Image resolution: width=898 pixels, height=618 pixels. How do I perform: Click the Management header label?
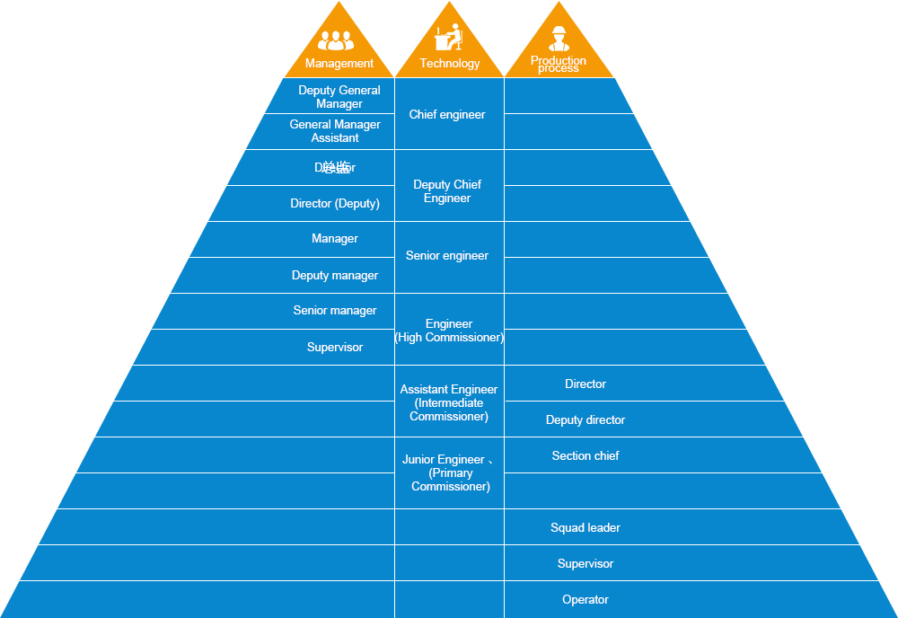coord(339,64)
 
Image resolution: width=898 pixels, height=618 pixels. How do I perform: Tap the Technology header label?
coord(450,64)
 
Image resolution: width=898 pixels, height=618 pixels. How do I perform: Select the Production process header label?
coord(559,65)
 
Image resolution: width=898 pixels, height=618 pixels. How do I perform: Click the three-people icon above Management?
coord(336,40)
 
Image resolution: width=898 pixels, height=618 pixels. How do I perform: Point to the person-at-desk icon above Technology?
coord(449,38)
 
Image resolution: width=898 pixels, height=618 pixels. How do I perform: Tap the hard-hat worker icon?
coord(559,39)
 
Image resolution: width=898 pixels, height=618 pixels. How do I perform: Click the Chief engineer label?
coord(447,115)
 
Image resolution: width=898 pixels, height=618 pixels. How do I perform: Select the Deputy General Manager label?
coord(339,97)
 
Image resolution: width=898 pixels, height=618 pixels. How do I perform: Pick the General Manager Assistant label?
coord(335,131)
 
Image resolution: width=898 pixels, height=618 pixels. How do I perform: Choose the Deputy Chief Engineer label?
coord(447,191)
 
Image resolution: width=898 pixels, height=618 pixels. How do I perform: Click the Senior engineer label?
coord(447,256)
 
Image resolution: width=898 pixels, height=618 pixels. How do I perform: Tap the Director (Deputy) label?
coord(335,204)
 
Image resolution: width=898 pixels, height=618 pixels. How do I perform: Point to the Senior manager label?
coord(335,311)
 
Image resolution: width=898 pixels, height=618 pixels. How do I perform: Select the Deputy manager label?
coord(335,276)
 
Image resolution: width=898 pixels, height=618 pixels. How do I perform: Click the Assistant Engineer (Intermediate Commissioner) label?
coord(449,403)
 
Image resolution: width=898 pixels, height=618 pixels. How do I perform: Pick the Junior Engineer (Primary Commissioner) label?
coord(449,473)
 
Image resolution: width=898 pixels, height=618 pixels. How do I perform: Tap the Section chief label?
coord(585,456)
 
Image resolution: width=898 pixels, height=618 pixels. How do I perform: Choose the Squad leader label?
coord(585,528)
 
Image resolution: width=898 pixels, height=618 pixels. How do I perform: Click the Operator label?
coord(585,600)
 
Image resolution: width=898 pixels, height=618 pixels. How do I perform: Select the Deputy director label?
coord(585,420)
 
